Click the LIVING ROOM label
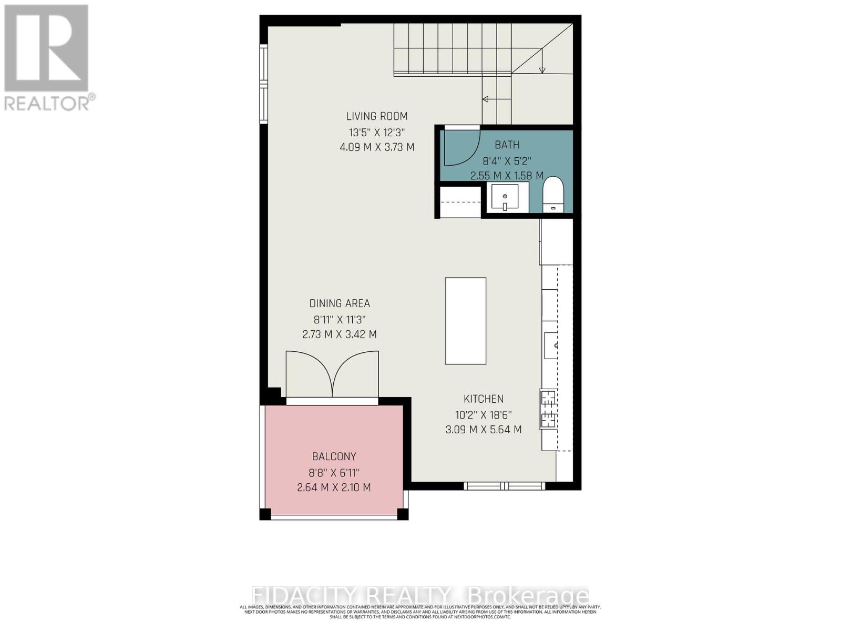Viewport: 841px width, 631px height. click(x=377, y=116)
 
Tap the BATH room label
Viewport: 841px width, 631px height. click(x=507, y=145)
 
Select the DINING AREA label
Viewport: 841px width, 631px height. click(x=340, y=303)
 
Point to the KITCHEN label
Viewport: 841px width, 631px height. click(x=484, y=399)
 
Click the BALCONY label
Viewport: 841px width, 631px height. click(x=334, y=456)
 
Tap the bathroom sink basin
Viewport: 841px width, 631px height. click(x=505, y=197)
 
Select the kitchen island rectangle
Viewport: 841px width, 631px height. click(x=465, y=321)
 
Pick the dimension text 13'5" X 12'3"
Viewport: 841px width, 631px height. click(x=377, y=132)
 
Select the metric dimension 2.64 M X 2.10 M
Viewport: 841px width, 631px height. click(x=334, y=487)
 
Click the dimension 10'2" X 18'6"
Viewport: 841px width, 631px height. click(x=484, y=414)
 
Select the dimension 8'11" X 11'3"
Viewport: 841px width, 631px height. click(x=340, y=319)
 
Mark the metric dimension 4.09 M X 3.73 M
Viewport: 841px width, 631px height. click(x=377, y=147)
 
